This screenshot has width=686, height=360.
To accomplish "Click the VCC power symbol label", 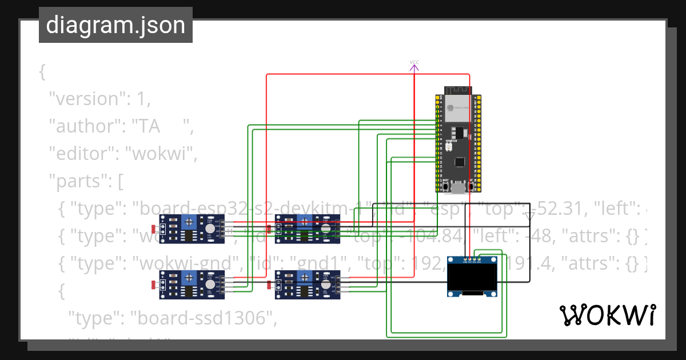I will pyautogui.click(x=414, y=62).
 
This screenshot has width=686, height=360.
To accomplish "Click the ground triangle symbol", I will pyautogui.click(x=529, y=216).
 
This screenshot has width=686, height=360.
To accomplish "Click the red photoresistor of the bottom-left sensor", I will pyautogui.click(x=153, y=285).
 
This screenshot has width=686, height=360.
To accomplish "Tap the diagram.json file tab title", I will pyautogui.click(x=115, y=25).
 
